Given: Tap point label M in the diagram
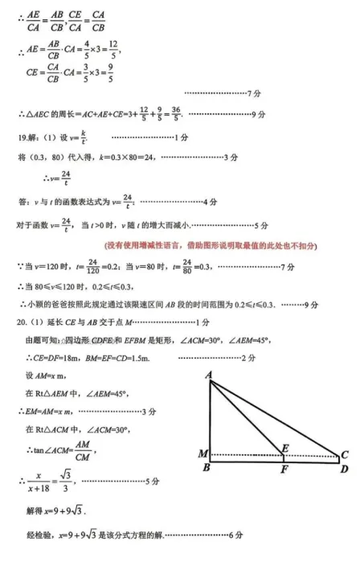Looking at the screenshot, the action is [202, 454].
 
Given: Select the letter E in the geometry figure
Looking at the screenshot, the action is [285, 447].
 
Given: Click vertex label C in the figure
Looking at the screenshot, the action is [345, 454].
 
